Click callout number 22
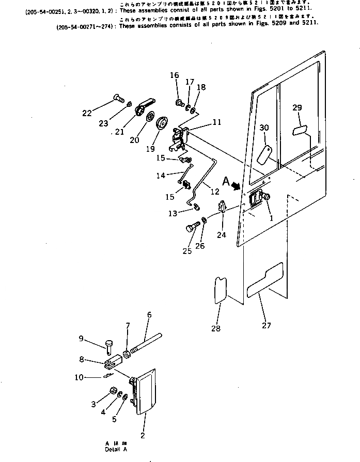(x=87, y=114)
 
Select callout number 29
(x=297, y=108)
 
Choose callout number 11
(x=216, y=122)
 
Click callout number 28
(x=215, y=328)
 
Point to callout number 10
(x=79, y=377)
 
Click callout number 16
(x=175, y=75)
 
